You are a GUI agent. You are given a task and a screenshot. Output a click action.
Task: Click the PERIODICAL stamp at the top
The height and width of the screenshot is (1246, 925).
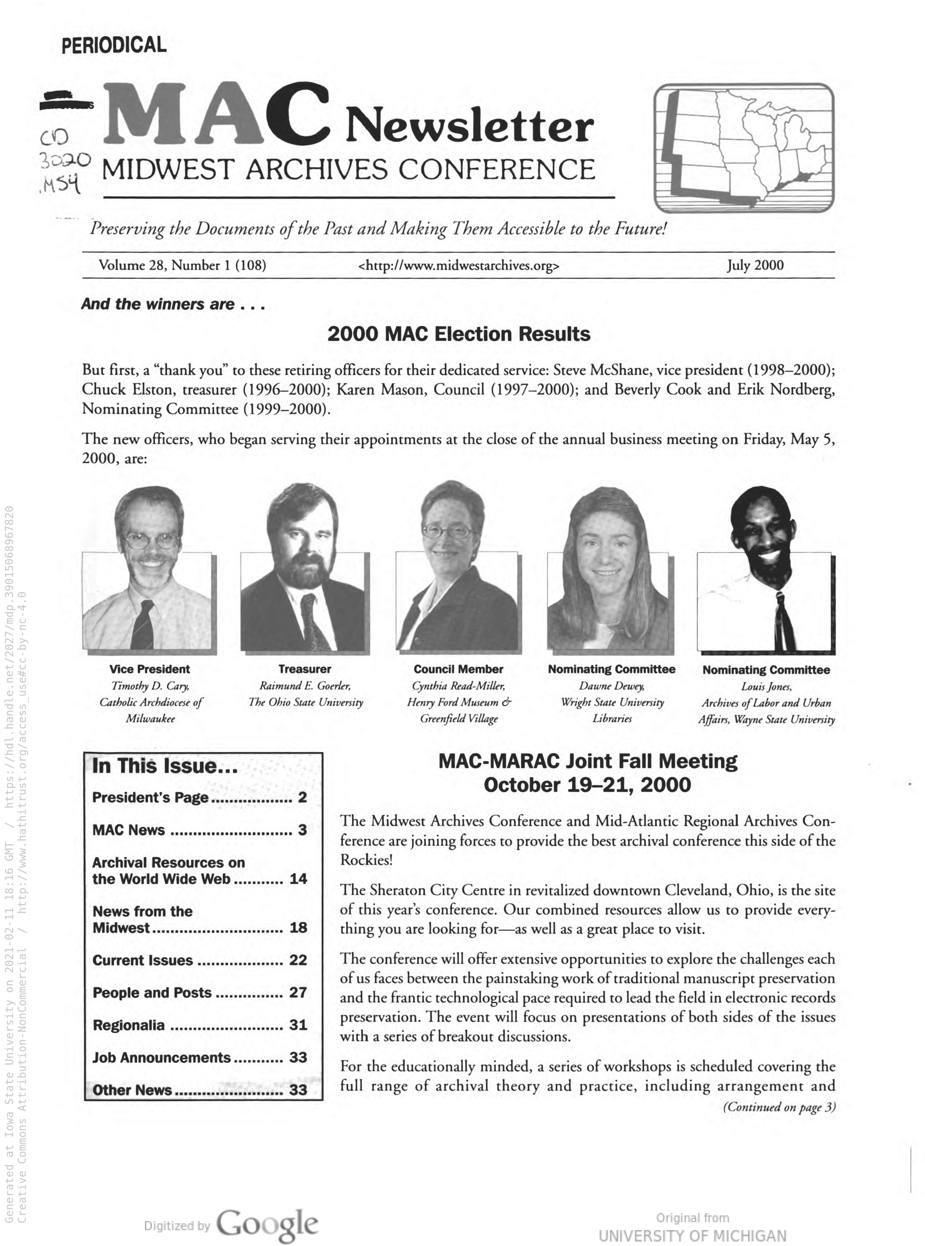114,45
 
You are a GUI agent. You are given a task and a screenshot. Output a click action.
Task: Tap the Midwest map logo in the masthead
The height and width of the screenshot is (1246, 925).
744,148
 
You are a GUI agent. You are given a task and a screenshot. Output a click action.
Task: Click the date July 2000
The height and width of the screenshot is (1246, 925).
755,265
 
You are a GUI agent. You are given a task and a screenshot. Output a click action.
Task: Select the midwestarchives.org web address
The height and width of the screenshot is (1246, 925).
458,266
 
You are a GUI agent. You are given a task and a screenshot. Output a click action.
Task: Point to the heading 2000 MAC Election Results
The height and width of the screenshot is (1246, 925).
459,334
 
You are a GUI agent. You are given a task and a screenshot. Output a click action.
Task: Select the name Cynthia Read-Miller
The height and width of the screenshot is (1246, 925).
459,686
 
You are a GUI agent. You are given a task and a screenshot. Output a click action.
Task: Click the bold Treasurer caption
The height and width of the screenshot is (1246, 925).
305,669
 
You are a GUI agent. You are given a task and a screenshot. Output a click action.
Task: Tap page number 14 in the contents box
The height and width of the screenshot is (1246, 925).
298,879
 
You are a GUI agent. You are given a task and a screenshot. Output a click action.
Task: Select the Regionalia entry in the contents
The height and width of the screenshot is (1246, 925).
129,1026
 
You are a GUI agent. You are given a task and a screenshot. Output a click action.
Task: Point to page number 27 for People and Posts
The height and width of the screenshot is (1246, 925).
298,992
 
